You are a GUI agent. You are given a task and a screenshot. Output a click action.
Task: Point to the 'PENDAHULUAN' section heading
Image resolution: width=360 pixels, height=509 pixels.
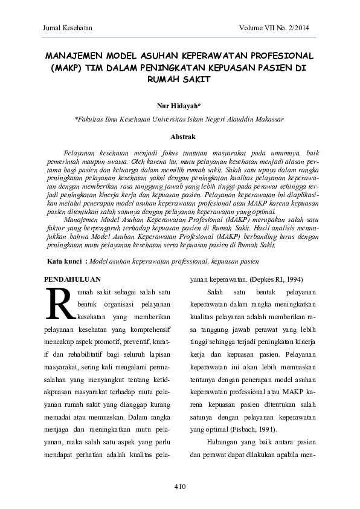(x=73, y=279)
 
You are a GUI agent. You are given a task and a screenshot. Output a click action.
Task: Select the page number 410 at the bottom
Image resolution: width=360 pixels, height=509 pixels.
(x=179, y=487)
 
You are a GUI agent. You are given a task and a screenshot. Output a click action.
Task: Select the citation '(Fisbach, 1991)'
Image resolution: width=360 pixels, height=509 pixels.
(x=249, y=430)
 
